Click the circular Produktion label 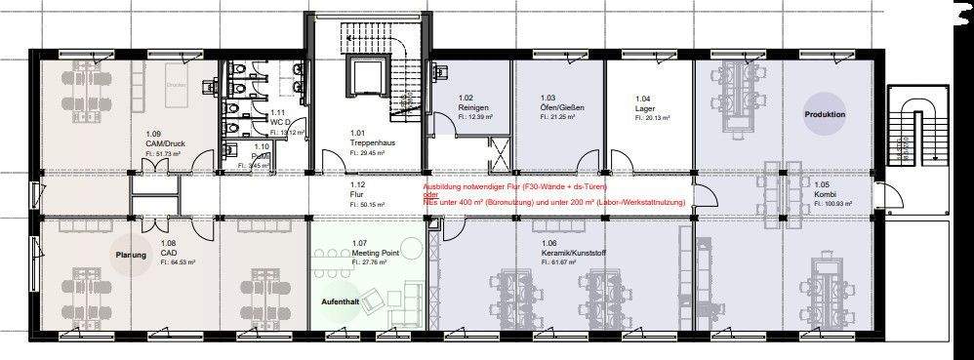coord(825,115)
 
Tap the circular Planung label coord(130,255)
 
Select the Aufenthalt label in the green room coord(340,302)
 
